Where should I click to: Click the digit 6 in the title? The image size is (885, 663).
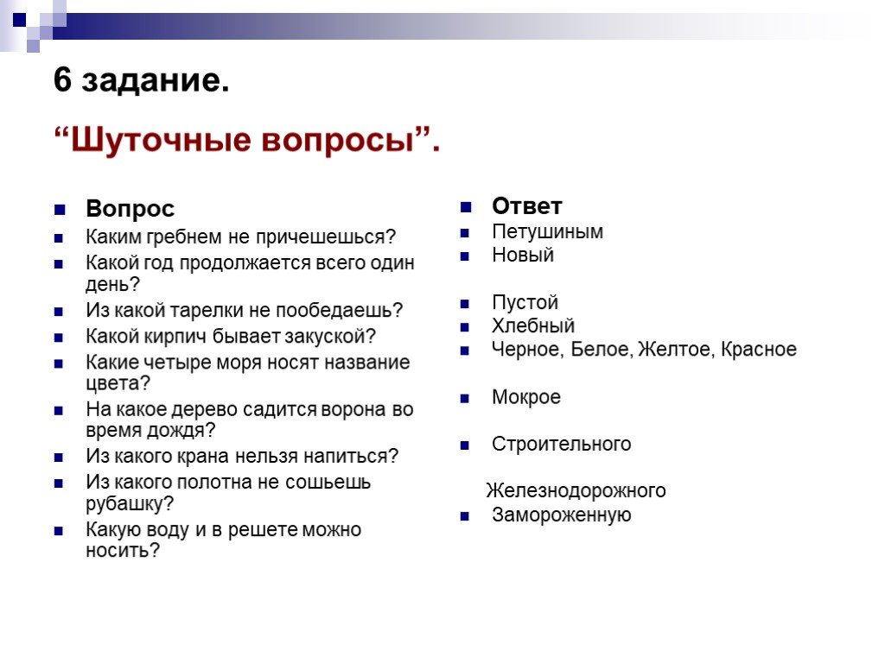(62, 79)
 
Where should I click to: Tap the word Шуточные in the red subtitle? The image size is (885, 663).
(160, 140)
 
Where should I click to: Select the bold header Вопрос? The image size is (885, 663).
(131, 209)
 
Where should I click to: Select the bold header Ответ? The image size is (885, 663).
(527, 205)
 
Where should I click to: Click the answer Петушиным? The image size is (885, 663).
(547, 231)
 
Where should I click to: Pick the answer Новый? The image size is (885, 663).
(523, 255)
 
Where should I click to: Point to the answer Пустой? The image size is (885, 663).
(525, 303)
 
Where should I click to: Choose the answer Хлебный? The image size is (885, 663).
(533, 325)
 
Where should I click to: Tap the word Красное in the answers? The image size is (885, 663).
(759, 350)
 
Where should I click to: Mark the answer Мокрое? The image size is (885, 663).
(526, 397)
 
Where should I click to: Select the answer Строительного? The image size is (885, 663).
(562, 445)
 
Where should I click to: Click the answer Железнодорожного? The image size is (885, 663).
(576, 491)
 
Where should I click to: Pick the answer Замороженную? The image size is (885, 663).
(562, 515)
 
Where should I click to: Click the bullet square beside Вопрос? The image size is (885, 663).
(60, 211)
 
